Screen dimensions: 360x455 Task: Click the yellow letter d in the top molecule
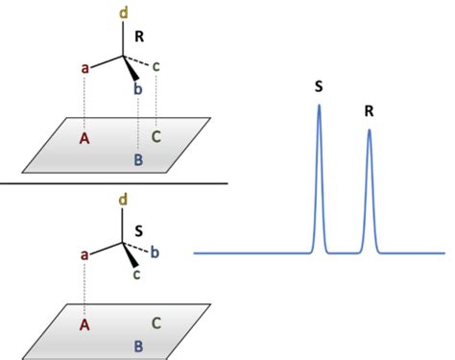coord(123,13)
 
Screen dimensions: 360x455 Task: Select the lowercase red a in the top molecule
coord(84,69)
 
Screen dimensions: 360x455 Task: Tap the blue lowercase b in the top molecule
coord(138,89)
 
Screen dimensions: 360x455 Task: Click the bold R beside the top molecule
coord(139,37)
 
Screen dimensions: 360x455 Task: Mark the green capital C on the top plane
coord(156,135)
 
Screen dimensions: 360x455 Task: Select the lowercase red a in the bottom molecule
coord(84,254)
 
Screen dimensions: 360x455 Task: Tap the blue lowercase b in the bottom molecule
coord(156,252)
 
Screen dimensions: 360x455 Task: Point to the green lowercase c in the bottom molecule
coord(137,274)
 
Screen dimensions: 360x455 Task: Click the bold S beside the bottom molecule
coord(139,230)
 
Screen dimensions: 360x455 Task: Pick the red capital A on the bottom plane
coord(84,324)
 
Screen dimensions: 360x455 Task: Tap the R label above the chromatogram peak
coord(369,111)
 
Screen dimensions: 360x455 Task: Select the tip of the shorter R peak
coord(369,130)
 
